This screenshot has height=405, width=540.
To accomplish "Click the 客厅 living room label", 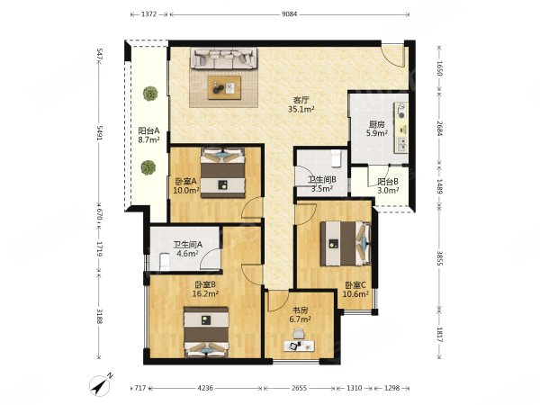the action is click(301, 100).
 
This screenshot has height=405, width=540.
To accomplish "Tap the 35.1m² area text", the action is click(301, 110).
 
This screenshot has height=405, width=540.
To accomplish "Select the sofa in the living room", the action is click(223, 58).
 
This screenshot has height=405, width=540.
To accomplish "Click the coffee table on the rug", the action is click(224, 88).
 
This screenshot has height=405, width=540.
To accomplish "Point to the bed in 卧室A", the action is click(223, 173).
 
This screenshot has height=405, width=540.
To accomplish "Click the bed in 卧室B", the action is click(206, 332).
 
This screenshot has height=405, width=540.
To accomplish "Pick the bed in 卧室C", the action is click(346, 244).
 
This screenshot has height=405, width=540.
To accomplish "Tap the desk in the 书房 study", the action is click(300, 346).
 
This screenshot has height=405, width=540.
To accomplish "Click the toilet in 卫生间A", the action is click(165, 262).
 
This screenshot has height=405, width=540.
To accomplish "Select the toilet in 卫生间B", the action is click(335, 157).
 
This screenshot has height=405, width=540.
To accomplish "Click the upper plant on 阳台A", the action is click(150, 94).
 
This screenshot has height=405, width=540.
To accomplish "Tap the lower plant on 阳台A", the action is click(148, 167).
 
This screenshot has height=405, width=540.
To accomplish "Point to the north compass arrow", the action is click(101, 385).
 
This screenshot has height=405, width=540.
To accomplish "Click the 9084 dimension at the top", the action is click(289, 14).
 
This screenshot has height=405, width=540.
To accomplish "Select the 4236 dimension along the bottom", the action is click(205, 388).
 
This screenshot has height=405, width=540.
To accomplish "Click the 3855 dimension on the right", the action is click(439, 257).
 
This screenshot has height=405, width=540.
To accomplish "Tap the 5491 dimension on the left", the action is click(100, 132).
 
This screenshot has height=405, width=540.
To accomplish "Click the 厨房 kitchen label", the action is click(377, 124).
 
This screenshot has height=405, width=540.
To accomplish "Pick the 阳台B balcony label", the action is click(388, 182).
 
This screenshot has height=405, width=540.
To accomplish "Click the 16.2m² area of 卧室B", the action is click(205, 293).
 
